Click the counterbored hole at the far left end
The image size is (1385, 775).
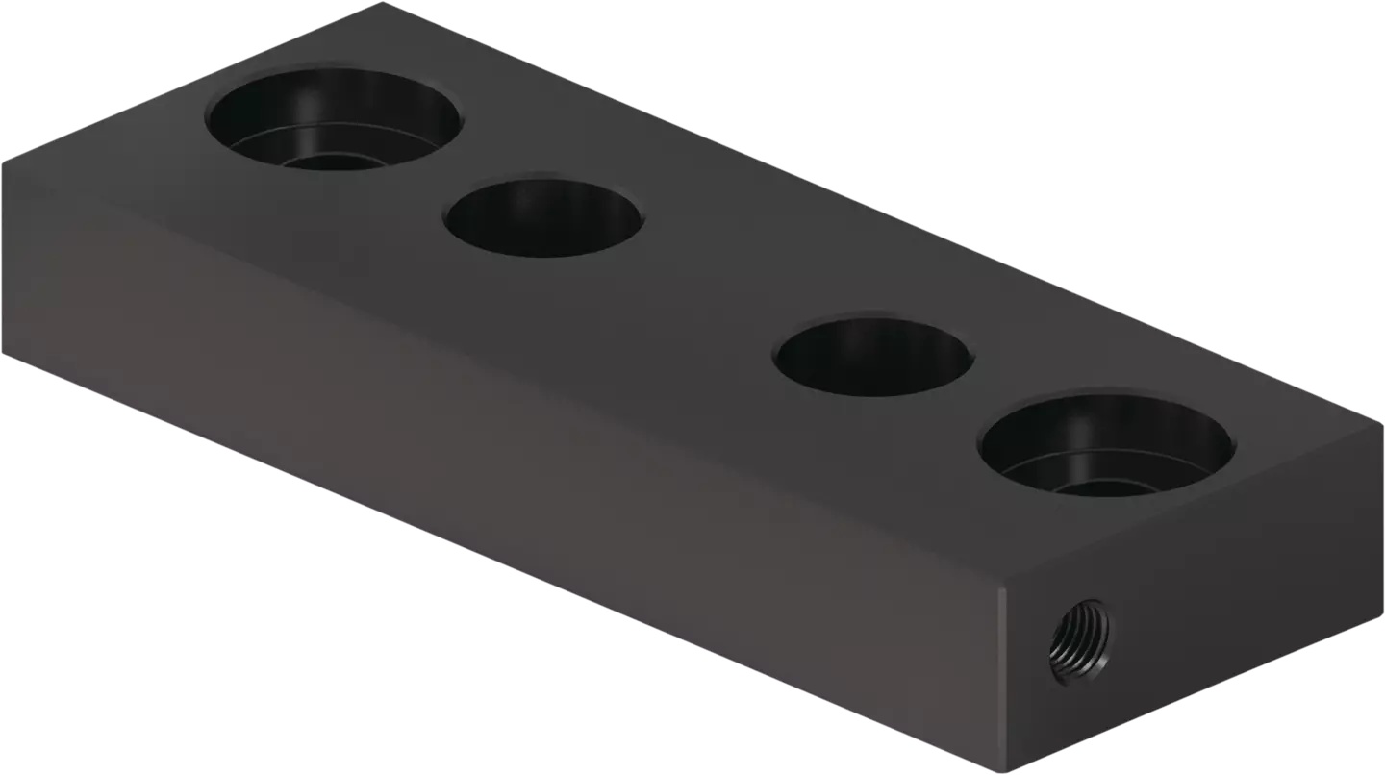(x=334, y=117)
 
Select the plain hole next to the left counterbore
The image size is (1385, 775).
(x=543, y=217)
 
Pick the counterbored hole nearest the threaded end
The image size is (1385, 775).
(x=1106, y=444)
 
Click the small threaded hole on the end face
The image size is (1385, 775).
(x=1078, y=639)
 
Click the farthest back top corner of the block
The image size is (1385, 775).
(x=382, y=4)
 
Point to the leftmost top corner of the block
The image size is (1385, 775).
(x=4, y=163)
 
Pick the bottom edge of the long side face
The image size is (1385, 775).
(x=500, y=562)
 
